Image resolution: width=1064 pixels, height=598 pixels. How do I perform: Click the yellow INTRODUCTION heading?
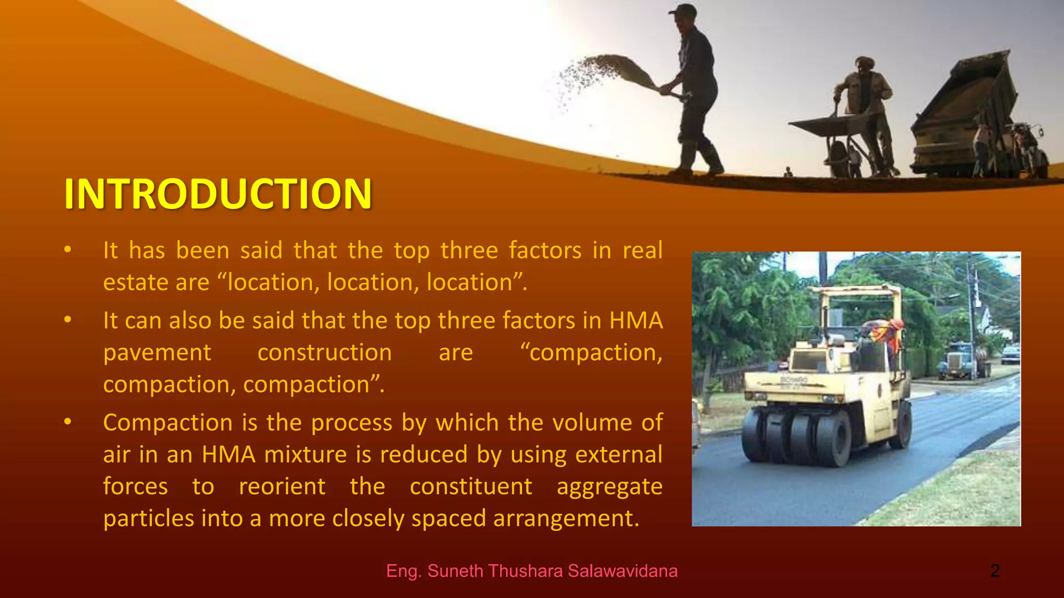[x=218, y=194]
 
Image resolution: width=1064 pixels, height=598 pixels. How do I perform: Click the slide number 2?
[x=994, y=571]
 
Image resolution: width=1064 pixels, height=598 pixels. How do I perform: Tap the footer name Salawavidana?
[x=622, y=571]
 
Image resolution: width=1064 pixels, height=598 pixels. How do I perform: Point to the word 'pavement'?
[x=157, y=352]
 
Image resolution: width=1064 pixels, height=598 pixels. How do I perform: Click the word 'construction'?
[x=325, y=352]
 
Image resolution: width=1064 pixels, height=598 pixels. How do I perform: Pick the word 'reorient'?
[x=282, y=486]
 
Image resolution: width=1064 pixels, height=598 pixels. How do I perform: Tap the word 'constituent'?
[x=471, y=486]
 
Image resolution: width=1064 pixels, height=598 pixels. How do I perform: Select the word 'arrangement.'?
[x=566, y=519]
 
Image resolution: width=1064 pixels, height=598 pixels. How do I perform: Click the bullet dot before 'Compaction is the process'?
[x=68, y=422]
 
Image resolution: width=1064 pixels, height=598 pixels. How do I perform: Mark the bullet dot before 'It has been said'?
[x=68, y=250]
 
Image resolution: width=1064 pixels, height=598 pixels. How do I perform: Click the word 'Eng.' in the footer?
[x=404, y=571]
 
